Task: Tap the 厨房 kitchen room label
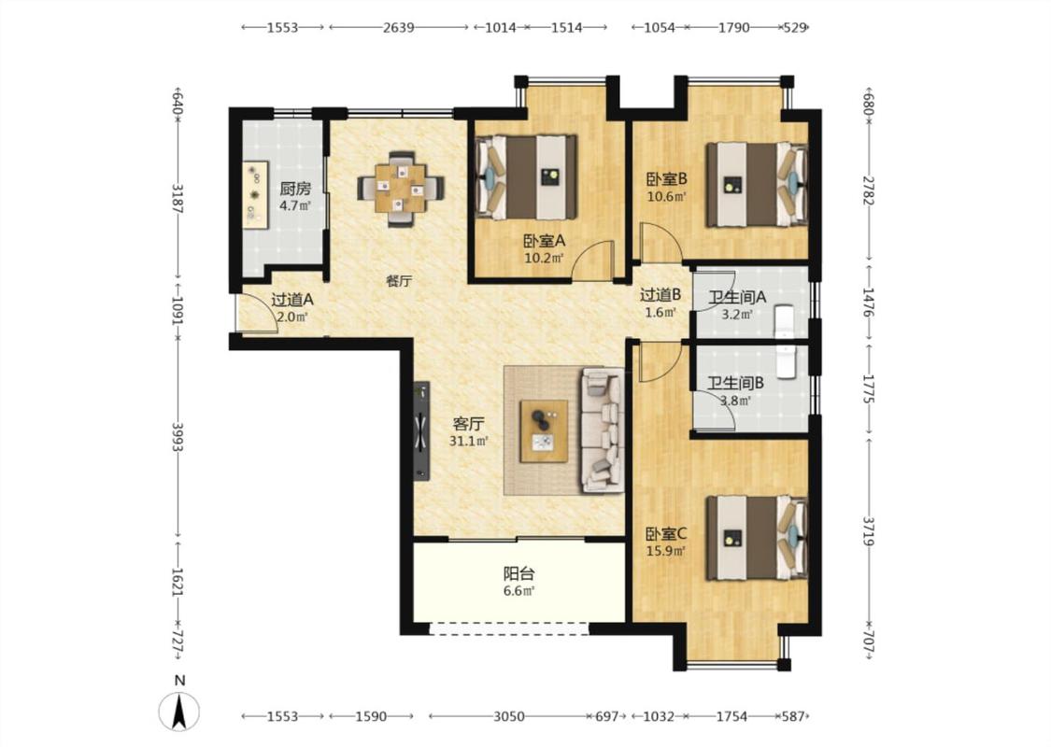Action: click(295, 189)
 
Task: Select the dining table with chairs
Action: click(401, 189)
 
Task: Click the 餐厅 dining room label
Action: click(399, 281)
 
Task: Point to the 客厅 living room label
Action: click(469, 424)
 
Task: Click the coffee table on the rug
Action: click(545, 430)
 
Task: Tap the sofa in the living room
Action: click(603, 430)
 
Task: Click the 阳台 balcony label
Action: click(519, 574)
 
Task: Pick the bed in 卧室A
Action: click(526, 177)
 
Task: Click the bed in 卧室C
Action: click(757, 537)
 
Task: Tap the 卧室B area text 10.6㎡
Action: click(667, 197)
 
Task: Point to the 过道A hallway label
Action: click(292, 300)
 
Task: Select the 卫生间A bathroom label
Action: click(737, 296)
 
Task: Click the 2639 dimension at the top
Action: click(398, 27)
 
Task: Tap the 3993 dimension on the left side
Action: click(178, 437)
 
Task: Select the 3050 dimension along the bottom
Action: click(509, 717)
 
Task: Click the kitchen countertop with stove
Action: click(255, 195)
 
